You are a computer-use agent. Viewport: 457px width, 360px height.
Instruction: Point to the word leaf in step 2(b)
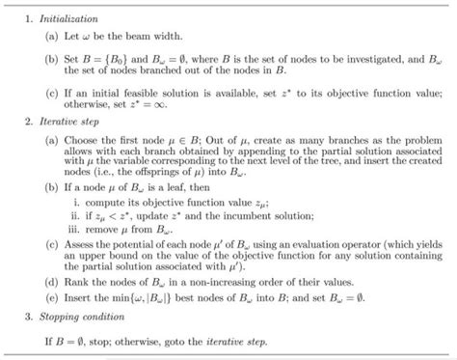pos(171,192)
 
